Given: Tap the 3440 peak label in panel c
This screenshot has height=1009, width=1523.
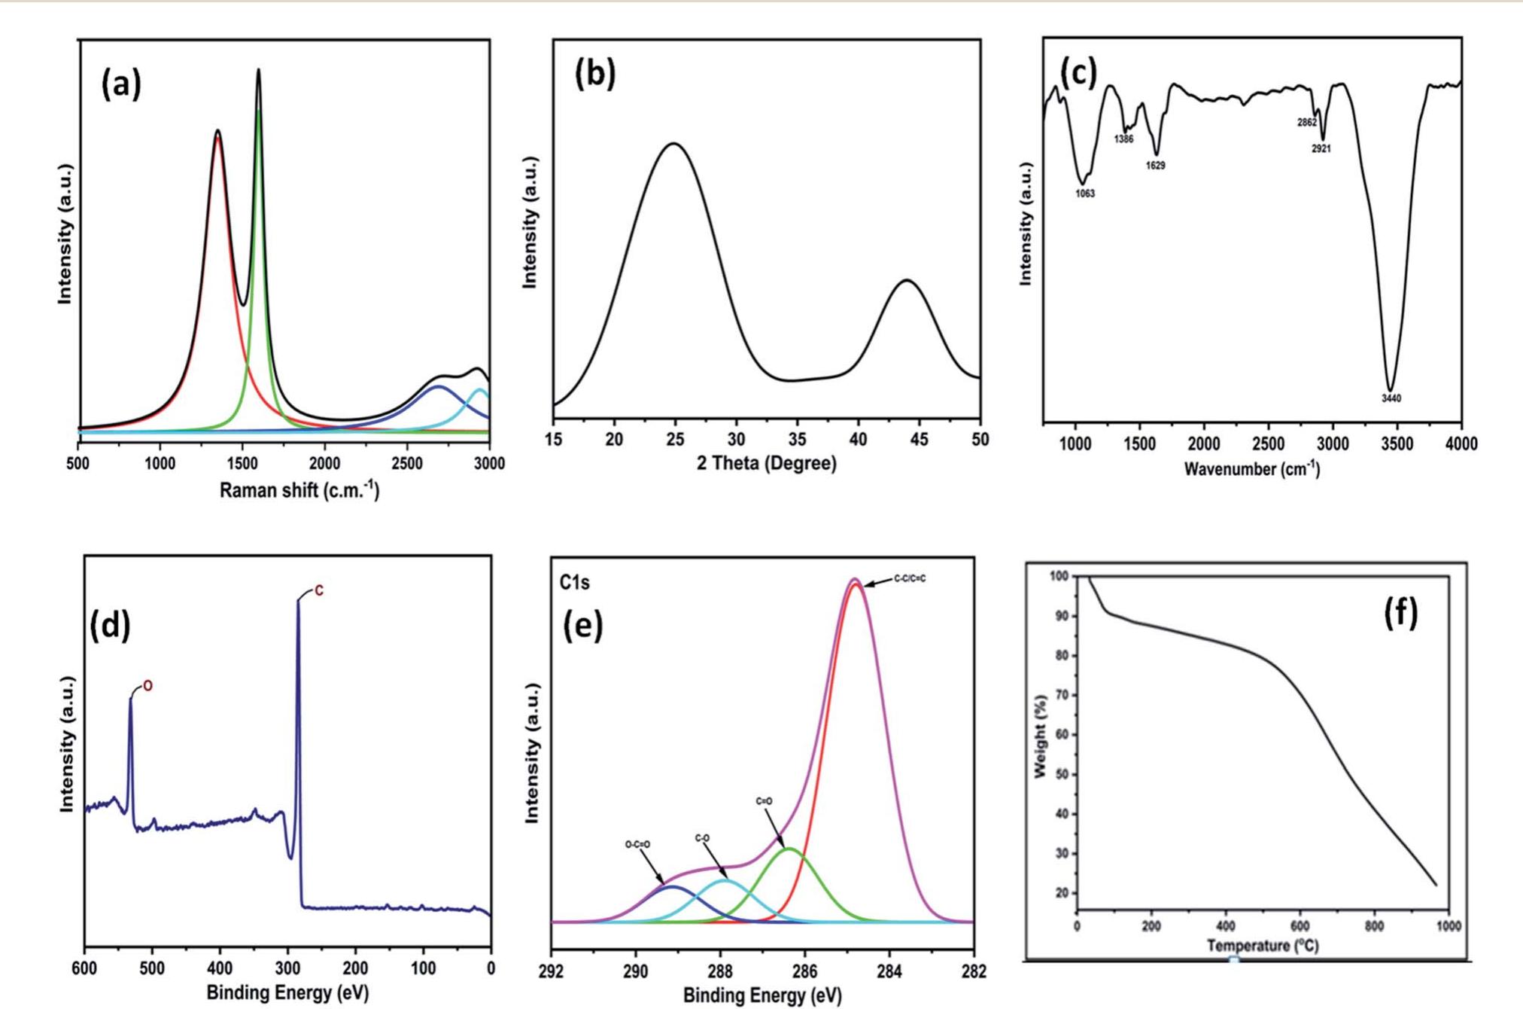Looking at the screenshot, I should [x=1391, y=398].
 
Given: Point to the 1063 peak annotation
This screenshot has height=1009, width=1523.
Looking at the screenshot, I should [x=1085, y=194].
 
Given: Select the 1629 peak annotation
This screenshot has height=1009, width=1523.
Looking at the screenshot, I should [x=1156, y=166].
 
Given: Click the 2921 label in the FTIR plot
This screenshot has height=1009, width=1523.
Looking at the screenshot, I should [x=1321, y=149].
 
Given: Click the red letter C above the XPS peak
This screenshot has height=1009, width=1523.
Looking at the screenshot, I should [x=319, y=591].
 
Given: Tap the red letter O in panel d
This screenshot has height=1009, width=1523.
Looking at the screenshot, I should [x=148, y=687].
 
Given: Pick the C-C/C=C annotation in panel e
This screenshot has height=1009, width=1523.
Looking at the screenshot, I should [x=910, y=578].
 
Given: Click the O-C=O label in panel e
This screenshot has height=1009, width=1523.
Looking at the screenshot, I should [x=637, y=845].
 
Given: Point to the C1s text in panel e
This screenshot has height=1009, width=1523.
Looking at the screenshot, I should [x=574, y=582].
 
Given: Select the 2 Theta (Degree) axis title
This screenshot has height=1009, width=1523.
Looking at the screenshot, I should [x=766, y=463].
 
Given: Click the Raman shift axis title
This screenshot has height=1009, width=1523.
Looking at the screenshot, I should [x=299, y=491].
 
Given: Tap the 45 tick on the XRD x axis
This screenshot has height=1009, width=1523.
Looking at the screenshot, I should [x=919, y=440].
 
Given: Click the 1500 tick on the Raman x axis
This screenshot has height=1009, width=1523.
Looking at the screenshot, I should [x=242, y=463].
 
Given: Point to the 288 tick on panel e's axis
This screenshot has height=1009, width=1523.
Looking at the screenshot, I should [x=720, y=971].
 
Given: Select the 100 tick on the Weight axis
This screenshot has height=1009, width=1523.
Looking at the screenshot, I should [x=1059, y=576].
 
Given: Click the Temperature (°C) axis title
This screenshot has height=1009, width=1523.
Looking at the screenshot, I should [x=1263, y=946].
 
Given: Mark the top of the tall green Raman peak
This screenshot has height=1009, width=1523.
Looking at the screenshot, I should [x=259, y=111].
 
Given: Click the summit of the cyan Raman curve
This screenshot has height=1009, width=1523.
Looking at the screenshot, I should [x=479, y=389].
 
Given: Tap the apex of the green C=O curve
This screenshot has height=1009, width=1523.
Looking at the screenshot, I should [x=789, y=849].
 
